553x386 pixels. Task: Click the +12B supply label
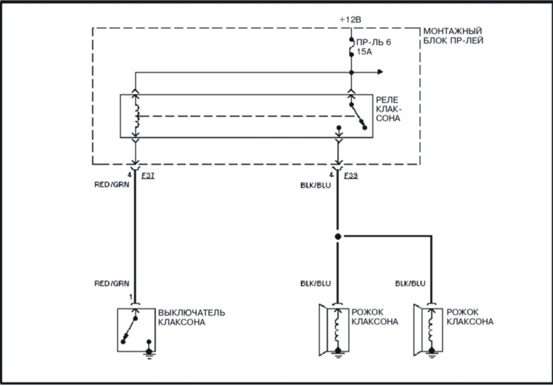[350, 20]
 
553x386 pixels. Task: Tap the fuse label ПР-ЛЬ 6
[373, 42]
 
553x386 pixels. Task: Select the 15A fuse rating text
[364, 52]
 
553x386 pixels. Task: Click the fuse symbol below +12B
[351, 47]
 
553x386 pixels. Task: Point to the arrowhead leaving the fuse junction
[380, 73]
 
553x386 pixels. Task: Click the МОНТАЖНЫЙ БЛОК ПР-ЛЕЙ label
[453, 36]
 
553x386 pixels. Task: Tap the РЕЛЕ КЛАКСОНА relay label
[388, 109]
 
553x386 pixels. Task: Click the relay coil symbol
[136, 116]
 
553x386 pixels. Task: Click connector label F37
[148, 175]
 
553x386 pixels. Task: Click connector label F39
[351, 175]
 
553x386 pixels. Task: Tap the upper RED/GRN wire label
[112, 185]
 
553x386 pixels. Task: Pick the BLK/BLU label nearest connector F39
[316, 185]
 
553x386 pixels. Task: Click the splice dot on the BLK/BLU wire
[338, 237]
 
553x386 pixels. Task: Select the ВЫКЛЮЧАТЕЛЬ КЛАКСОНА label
[191, 318]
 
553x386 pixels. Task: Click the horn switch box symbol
[136, 330]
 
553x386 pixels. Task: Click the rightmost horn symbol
[429, 330]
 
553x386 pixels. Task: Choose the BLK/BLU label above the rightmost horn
[410, 284]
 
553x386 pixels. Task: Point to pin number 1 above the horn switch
[131, 297]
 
